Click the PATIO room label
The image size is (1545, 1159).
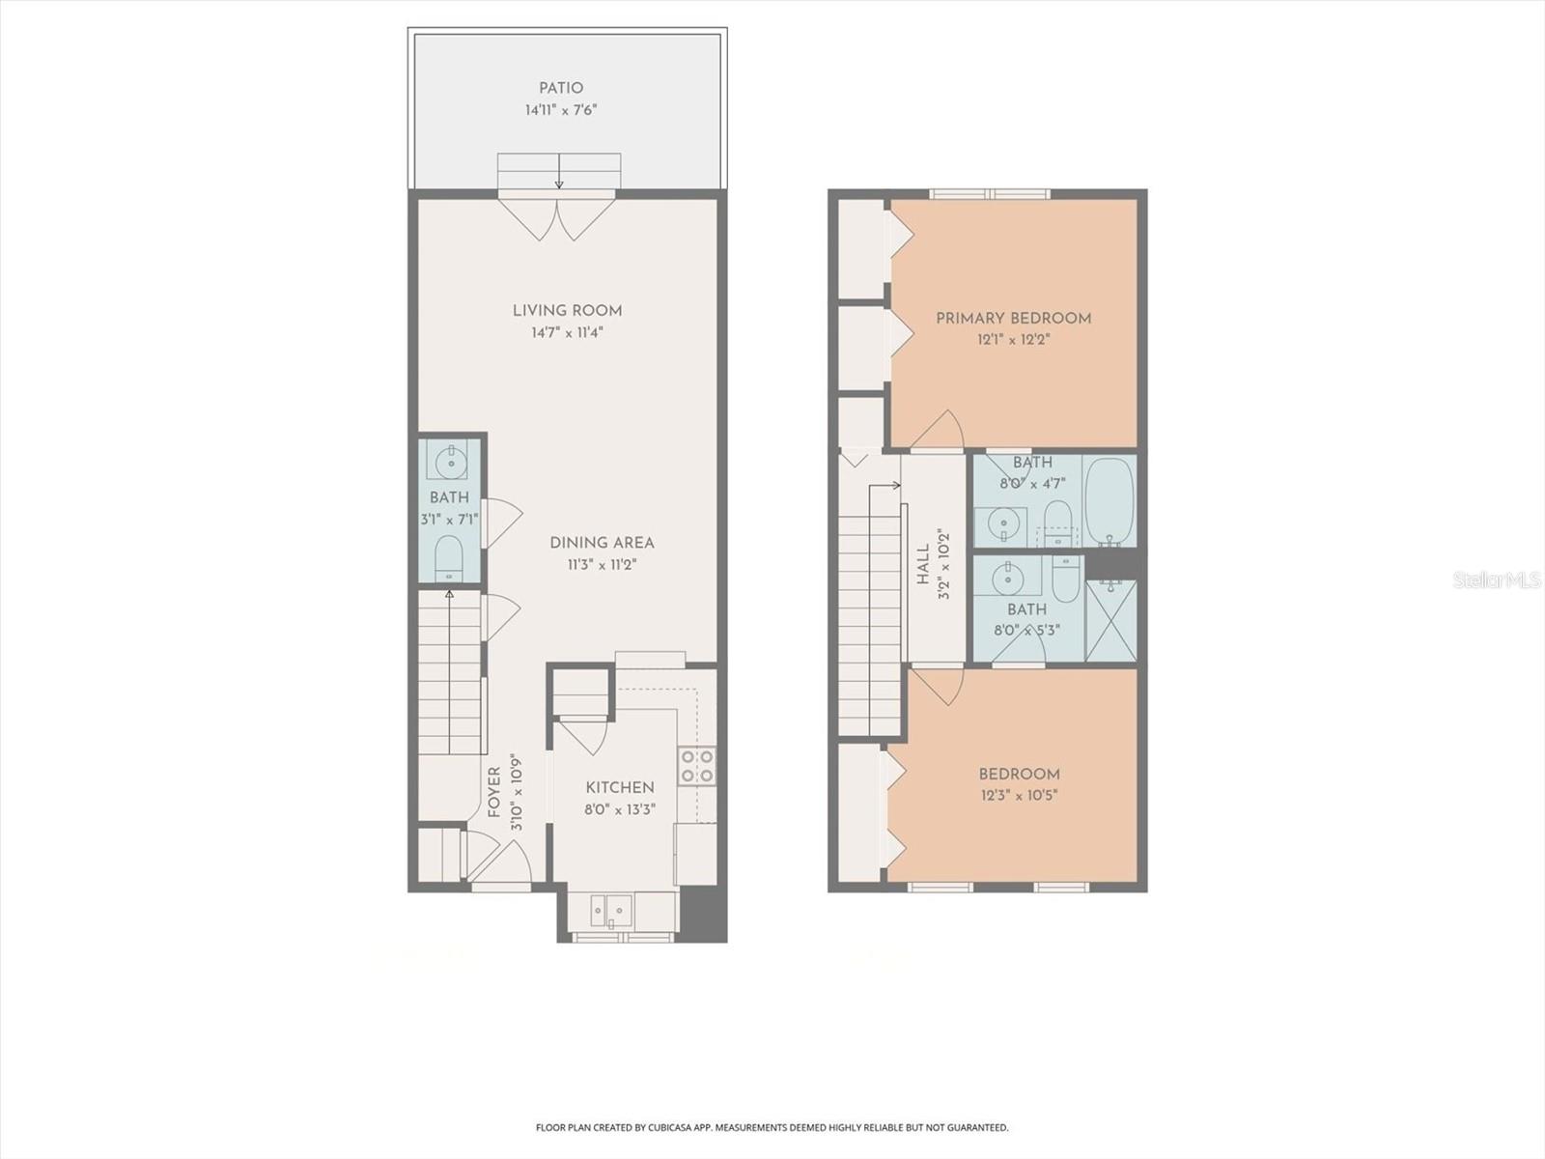pyautogui.click(x=561, y=88)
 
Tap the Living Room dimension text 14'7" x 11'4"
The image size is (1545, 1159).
pyautogui.click(x=567, y=332)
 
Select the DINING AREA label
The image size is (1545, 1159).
pyautogui.click(x=602, y=543)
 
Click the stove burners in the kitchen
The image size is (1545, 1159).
pyautogui.click(x=697, y=766)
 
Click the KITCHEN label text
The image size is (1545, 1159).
pyautogui.click(x=619, y=788)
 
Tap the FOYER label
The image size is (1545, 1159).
pyautogui.click(x=494, y=792)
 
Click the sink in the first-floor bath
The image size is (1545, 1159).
pyautogui.click(x=450, y=464)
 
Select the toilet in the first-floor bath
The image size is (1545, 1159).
pyautogui.click(x=449, y=558)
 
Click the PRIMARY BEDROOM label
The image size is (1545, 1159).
pyautogui.click(x=1013, y=318)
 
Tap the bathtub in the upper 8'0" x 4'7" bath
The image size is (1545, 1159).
pyautogui.click(x=1108, y=502)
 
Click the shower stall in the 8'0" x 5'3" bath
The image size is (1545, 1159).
pyautogui.click(x=1110, y=621)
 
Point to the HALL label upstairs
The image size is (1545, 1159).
pyautogui.click(x=923, y=565)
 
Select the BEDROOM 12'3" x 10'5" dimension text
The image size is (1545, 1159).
pyautogui.click(x=1019, y=796)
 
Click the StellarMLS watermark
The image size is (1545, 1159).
pyautogui.click(x=1496, y=579)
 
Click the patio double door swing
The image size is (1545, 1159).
pyautogui.click(x=558, y=218)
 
